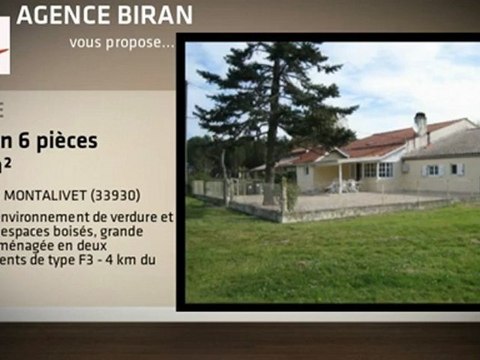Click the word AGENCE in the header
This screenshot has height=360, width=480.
point(61,16)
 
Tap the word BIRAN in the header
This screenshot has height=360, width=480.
point(151,16)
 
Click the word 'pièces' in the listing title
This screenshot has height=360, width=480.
point(69,140)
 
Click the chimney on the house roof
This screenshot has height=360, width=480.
point(421,123)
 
